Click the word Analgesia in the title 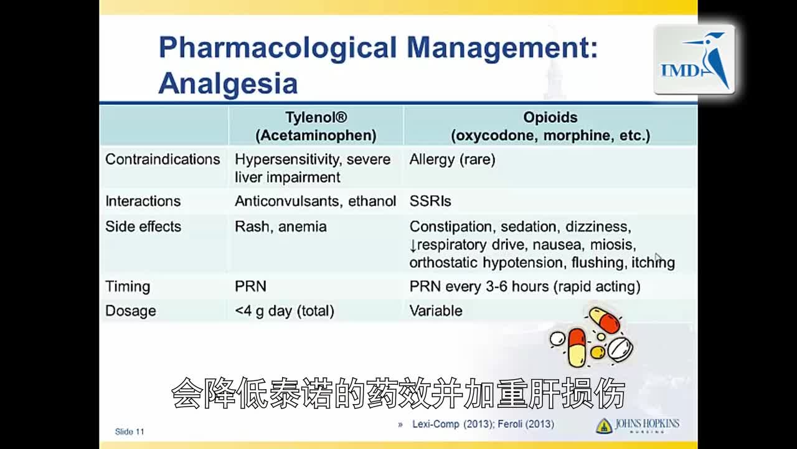coord(228,84)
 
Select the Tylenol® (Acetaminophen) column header coord(316,126)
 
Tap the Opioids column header coord(550,126)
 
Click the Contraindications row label coord(163,160)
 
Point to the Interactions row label coord(143,201)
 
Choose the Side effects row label coord(143,226)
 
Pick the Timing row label coord(128,287)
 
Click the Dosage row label coord(131,311)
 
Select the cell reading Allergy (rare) coord(452,160)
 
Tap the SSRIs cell coord(430,201)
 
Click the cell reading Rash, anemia coord(280,226)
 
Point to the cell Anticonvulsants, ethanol coord(315,201)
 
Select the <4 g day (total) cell coord(284,311)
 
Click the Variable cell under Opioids coord(436,311)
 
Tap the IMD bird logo coord(694,60)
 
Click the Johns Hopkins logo coord(638,425)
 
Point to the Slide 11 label coord(130,432)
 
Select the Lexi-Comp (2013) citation coord(444,425)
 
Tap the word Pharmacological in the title coord(278,48)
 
